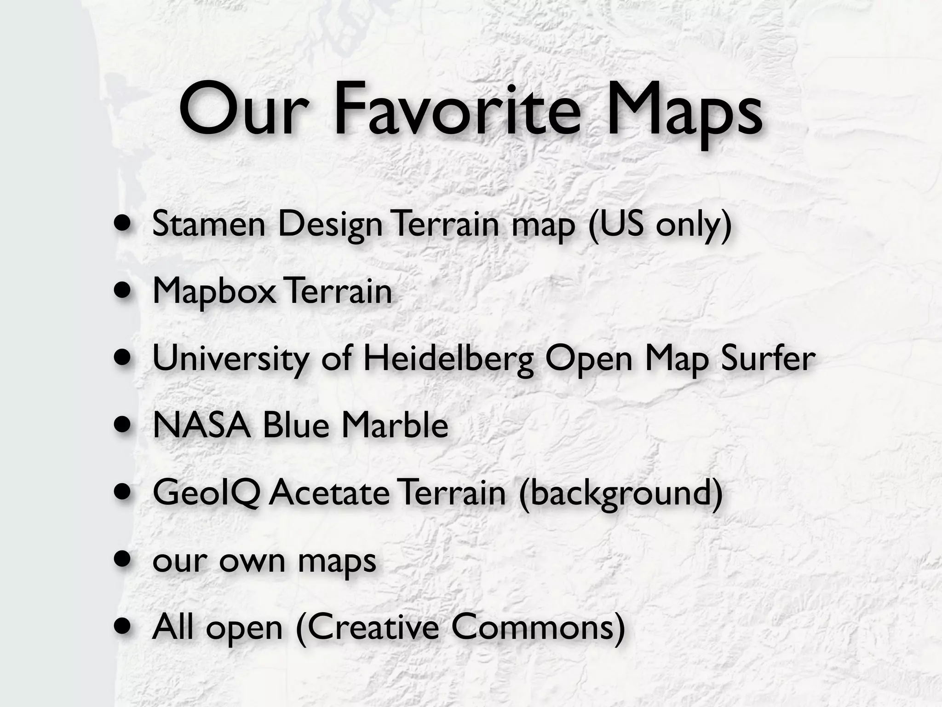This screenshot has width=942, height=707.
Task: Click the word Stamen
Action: coord(209,224)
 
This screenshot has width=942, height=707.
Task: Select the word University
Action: coord(230,359)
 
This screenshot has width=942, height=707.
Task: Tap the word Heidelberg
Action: coord(448,359)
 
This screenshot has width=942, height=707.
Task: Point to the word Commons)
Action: coord(538,627)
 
